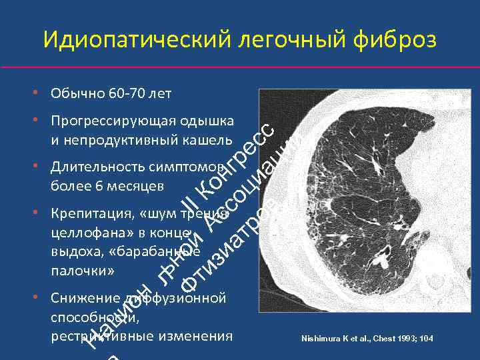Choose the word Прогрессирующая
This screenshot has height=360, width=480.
point(109,121)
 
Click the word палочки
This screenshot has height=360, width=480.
point(82,271)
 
